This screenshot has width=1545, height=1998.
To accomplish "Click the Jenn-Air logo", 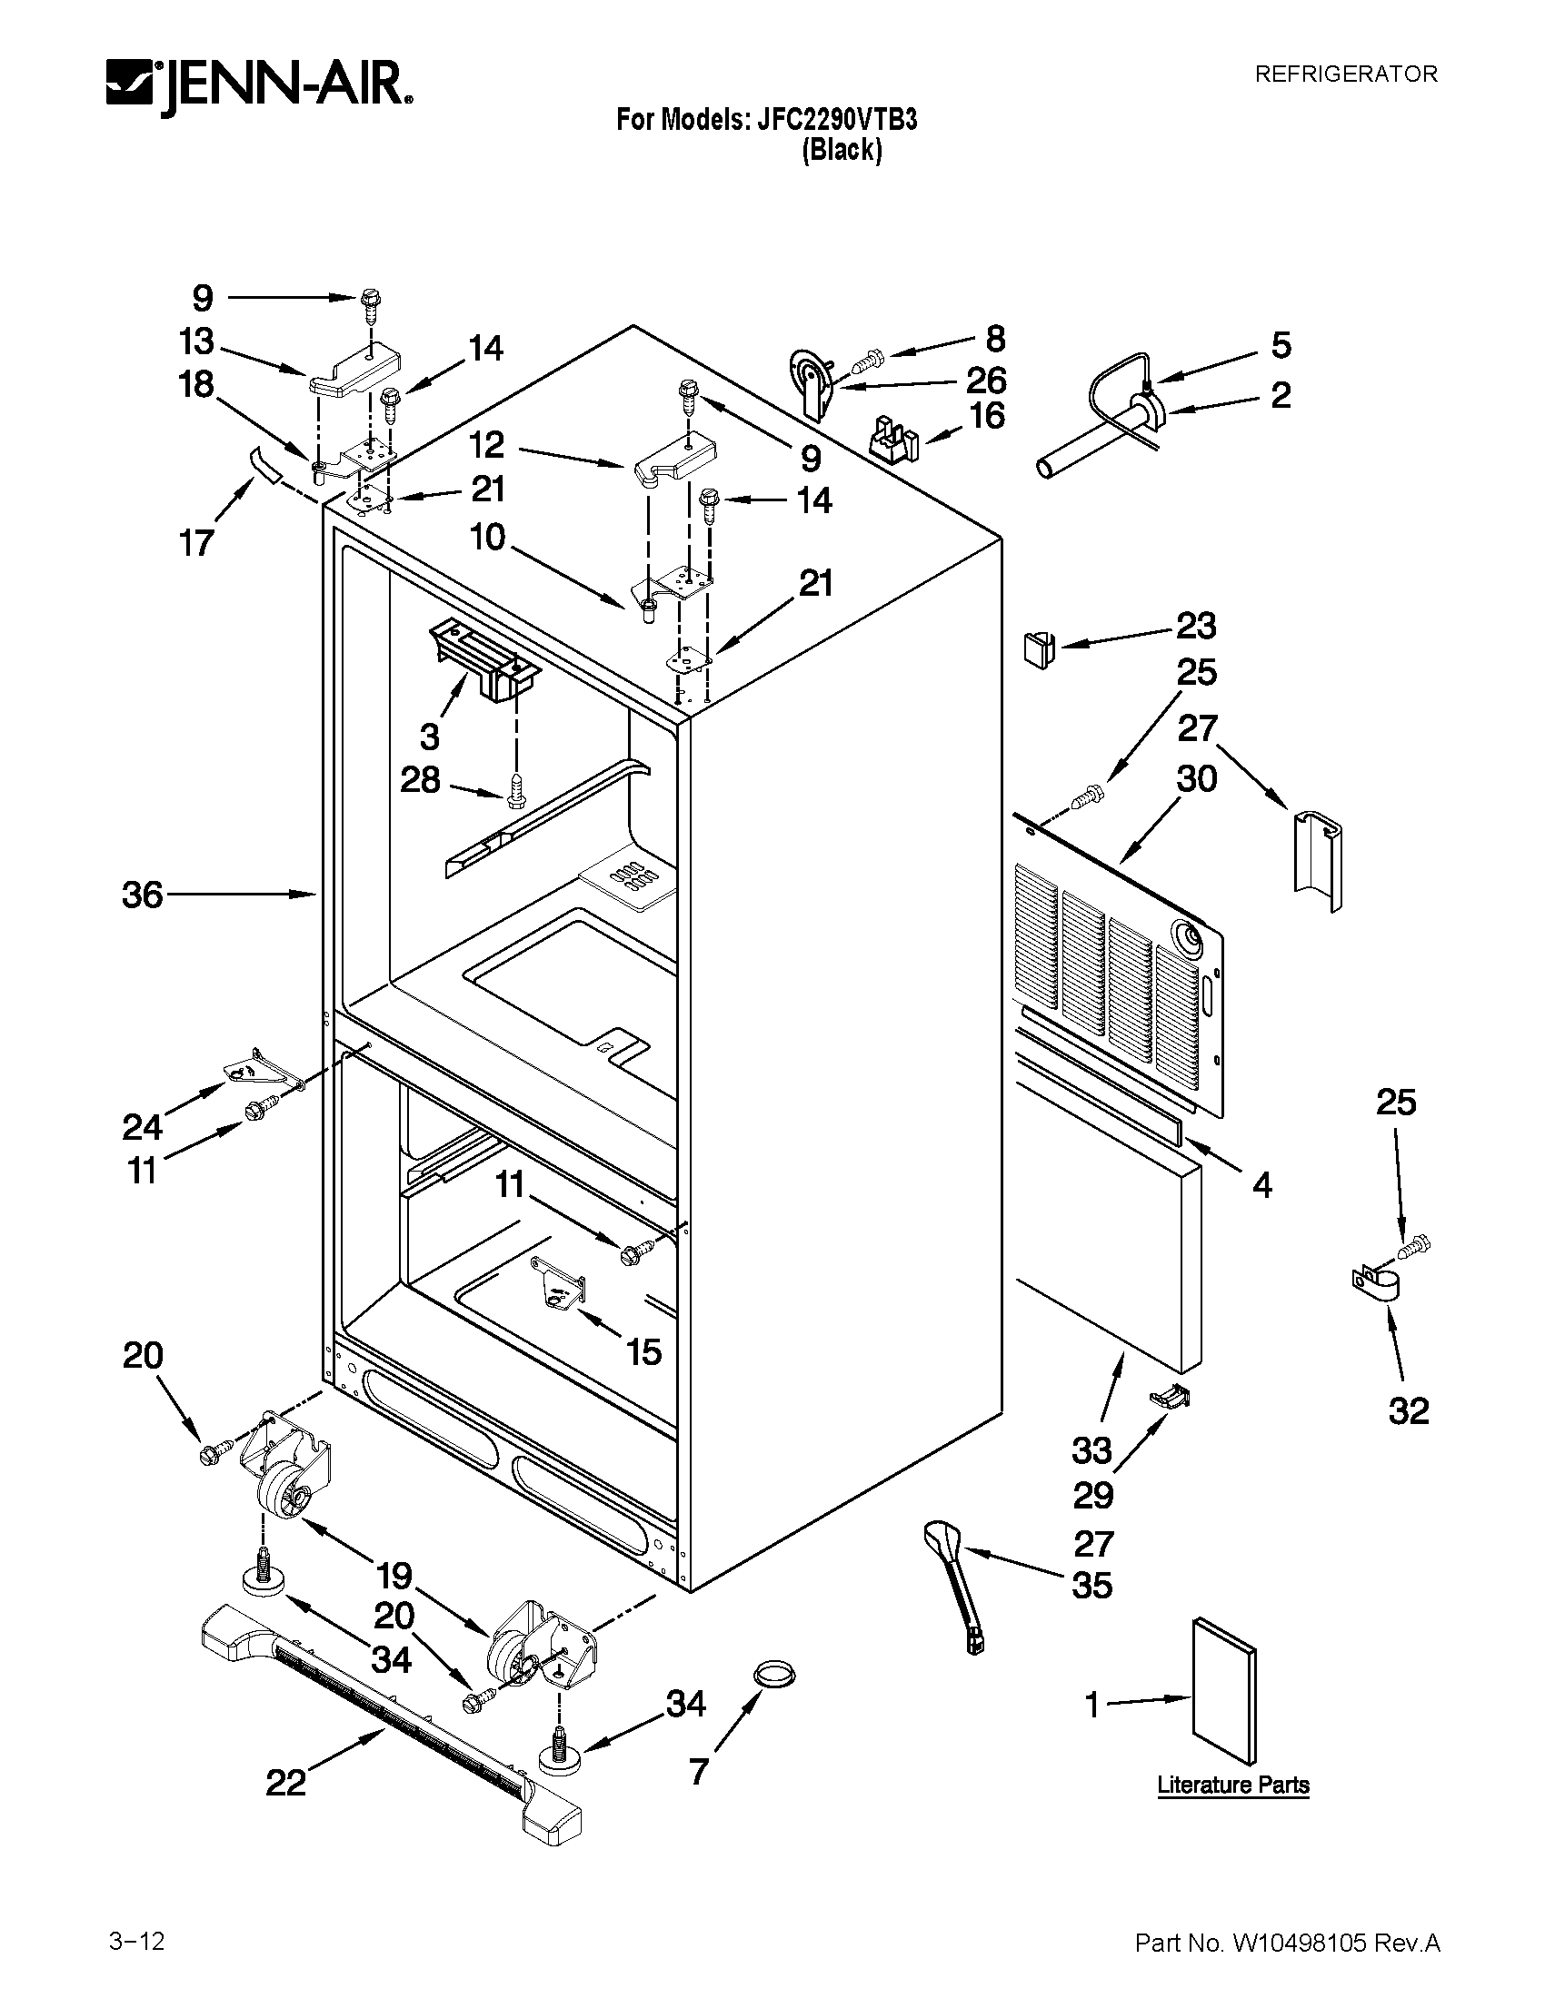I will click(x=259, y=89).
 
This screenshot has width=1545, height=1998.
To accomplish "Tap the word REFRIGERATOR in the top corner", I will click(x=1344, y=74).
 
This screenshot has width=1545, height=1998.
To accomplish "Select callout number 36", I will click(x=143, y=895).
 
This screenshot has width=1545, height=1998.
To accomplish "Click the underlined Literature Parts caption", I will click(x=1233, y=1785).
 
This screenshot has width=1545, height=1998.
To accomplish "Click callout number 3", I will click(x=429, y=736).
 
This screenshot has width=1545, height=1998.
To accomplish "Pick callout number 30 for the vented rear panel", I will click(x=1196, y=779).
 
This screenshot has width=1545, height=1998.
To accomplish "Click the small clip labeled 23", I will click(x=1038, y=648).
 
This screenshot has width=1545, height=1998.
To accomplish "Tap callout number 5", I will click(x=1281, y=346).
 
